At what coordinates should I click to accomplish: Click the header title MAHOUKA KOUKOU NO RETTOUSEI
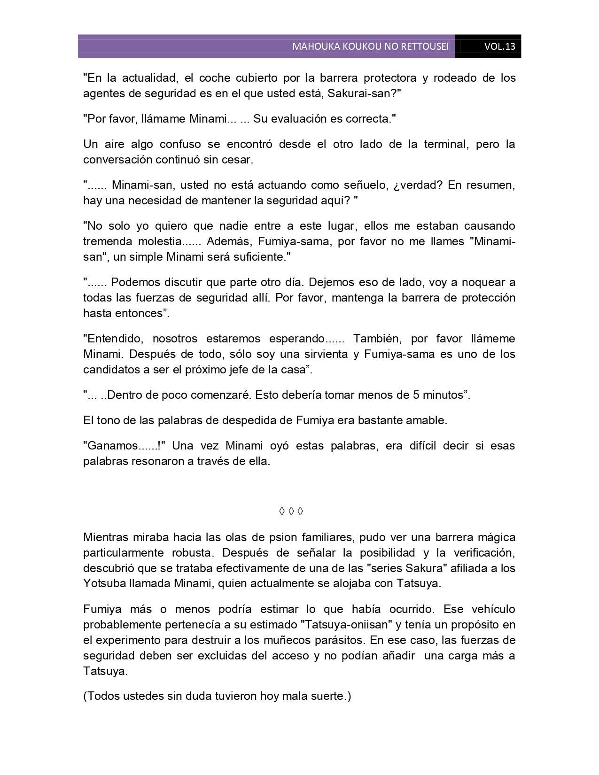tap(370, 46)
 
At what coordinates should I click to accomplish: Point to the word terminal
tap(446, 144)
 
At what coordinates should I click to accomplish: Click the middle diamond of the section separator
tap(291, 511)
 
